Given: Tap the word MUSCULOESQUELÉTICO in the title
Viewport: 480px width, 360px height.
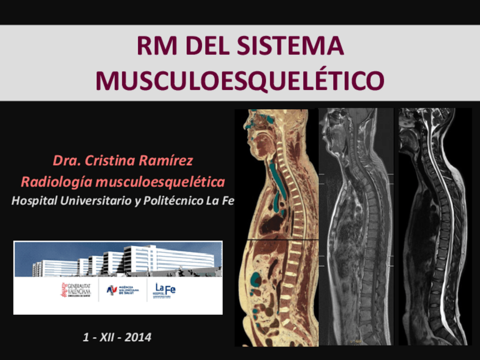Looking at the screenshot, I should [240, 81].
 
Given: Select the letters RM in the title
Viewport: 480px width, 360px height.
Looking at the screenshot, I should [157, 46].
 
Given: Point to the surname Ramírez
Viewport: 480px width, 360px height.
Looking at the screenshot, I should [166, 160].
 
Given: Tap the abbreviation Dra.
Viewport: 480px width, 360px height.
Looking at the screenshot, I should [66, 160].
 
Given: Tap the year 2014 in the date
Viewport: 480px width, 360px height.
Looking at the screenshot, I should [138, 337].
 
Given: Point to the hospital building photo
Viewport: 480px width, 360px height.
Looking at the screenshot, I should [118, 259].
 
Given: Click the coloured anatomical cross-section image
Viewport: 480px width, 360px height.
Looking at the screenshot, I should [276, 226].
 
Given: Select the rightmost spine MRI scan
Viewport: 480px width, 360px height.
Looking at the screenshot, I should [434, 226].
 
